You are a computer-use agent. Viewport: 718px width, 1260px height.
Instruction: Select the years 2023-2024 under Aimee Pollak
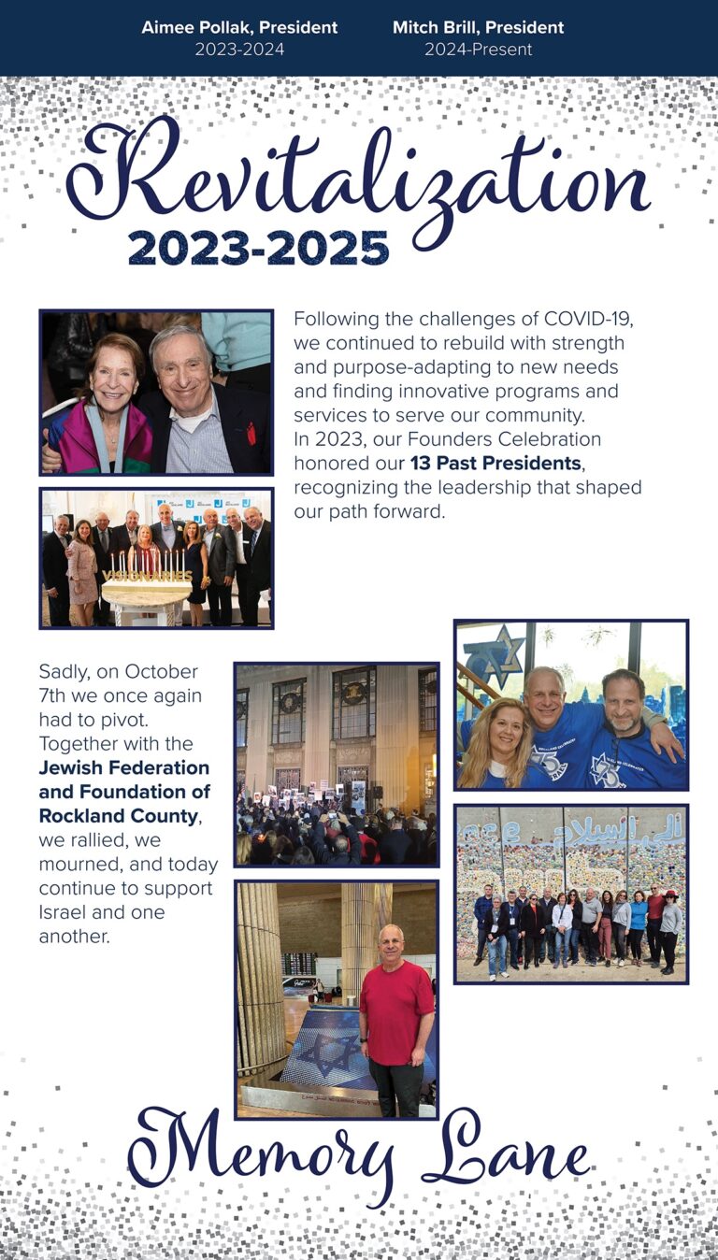click(x=238, y=50)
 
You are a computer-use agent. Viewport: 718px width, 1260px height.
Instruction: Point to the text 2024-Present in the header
click(x=478, y=50)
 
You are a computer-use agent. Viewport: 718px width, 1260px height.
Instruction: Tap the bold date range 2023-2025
click(x=258, y=248)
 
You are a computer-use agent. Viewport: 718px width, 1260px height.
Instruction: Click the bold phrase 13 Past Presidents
click(x=495, y=464)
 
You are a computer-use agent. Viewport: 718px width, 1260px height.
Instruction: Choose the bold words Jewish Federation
click(x=124, y=768)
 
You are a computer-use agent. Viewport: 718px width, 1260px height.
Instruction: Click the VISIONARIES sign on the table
click(x=146, y=575)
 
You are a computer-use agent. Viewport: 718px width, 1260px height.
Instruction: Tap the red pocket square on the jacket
click(x=251, y=433)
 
